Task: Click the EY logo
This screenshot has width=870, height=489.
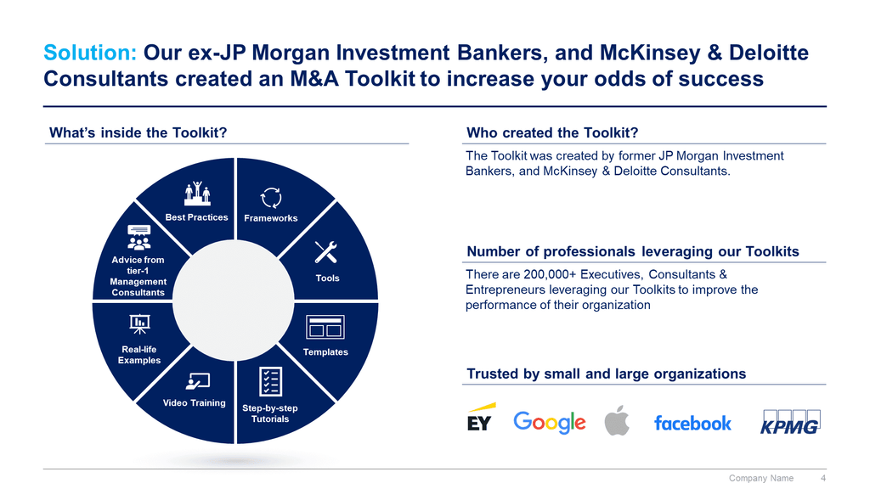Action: [x=481, y=418]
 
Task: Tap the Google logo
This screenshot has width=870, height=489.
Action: [x=550, y=423]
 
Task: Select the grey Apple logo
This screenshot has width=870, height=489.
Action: [x=617, y=420]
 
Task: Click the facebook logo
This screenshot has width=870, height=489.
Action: [x=692, y=423]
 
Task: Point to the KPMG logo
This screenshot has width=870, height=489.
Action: [x=790, y=422]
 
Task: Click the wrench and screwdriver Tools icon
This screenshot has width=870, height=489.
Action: [x=325, y=252]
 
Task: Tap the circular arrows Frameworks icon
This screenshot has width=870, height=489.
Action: [x=271, y=198]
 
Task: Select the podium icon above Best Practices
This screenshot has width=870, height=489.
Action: [x=197, y=194]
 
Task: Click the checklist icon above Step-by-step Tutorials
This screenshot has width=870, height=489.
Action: [x=270, y=382]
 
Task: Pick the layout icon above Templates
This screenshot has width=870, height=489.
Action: [x=325, y=327]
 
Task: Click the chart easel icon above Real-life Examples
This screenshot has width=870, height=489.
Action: [x=139, y=323]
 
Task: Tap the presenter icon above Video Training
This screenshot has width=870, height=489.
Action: [x=197, y=381]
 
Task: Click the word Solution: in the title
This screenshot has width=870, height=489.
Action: [x=90, y=53]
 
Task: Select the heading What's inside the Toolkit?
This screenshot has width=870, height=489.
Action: [x=138, y=132]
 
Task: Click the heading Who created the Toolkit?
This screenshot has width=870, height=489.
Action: [x=552, y=132]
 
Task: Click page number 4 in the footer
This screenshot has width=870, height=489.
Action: [x=823, y=478]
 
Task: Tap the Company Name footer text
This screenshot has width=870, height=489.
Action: [x=760, y=478]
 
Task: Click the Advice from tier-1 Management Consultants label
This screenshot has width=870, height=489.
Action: [x=138, y=276]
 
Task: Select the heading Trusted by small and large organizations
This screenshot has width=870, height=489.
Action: [x=606, y=374]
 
